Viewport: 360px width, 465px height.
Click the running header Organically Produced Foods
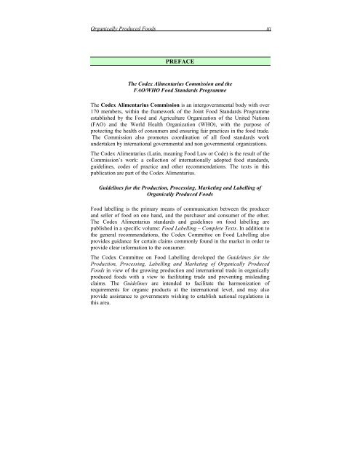point(122,9)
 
